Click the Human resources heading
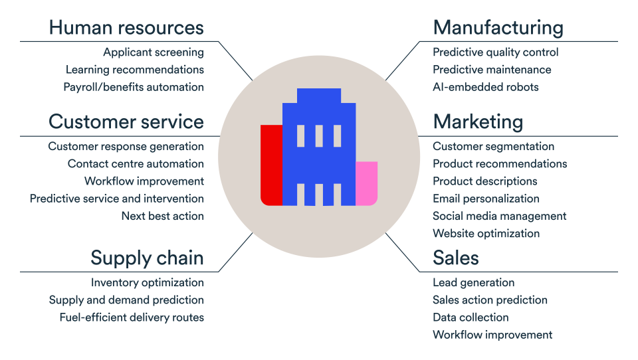(126, 28)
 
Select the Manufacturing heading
(498, 28)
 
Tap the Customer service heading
(126, 122)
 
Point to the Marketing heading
(478, 122)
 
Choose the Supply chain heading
(147, 258)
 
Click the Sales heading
(456, 258)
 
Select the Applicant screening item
(154, 52)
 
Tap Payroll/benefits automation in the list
(134, 87)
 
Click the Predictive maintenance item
(492, 70)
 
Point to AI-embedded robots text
(486, 87)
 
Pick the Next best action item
(163, 216)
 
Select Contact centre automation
(136, 164)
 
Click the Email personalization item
(486, 199)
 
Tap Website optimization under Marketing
(486, 233)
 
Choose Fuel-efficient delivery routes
(132, 317)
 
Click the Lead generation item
(473, 283)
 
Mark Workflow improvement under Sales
(492, 335)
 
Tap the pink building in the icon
(366, 183)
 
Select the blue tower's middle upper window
(319, 135)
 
